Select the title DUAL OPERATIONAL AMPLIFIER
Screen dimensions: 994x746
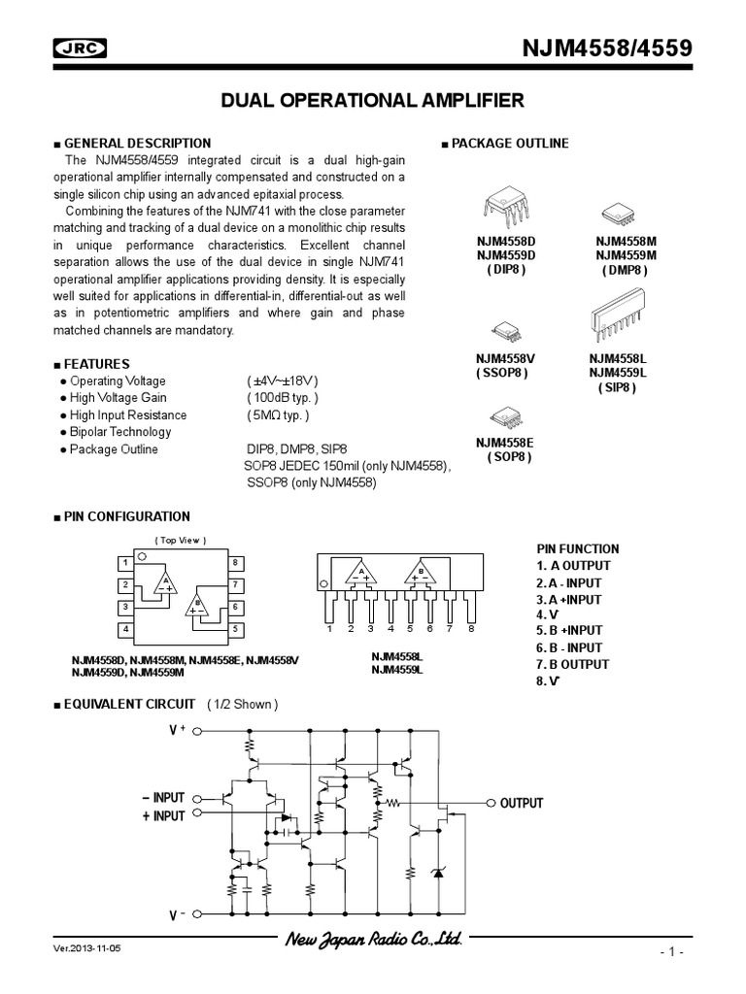(373, 100)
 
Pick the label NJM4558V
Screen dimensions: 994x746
(505, 358)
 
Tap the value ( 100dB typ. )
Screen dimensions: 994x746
(282, 398)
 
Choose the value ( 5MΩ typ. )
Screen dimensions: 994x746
(278, 415)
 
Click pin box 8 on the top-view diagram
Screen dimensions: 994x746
(235, 563)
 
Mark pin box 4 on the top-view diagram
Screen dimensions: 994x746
(124, 629)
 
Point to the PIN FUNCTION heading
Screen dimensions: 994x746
(577, 548)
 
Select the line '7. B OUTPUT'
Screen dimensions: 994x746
(572, 664)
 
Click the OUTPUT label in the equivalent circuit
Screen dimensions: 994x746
(522, 804)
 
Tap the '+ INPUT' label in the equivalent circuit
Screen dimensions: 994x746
(162, 816)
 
